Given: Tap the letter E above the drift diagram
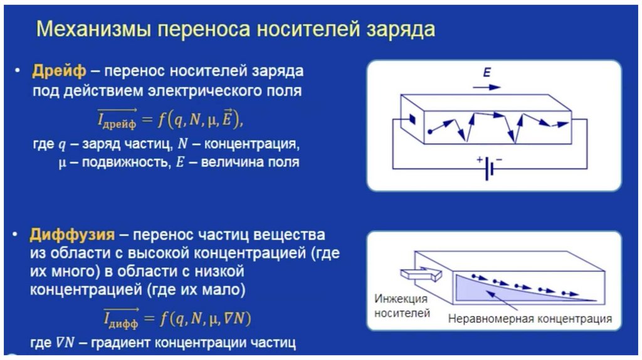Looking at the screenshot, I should [486, 73].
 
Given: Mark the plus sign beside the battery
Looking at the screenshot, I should [480, 160].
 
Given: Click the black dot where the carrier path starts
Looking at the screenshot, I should [430, 132].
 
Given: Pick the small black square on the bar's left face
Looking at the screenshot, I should [412, 119].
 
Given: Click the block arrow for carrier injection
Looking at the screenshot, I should [422, 274].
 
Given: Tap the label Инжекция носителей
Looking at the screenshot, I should [401, 305].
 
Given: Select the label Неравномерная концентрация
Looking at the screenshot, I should [530, 319].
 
